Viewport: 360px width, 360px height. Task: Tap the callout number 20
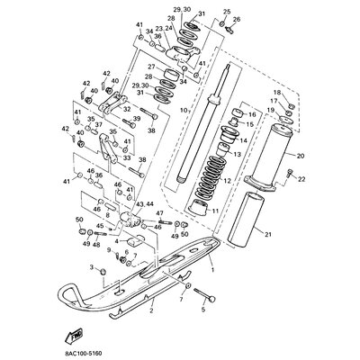tap(300, 156)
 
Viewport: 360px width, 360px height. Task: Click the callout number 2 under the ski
tap(150, 310)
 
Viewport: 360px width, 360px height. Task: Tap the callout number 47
tap(159, 213)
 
